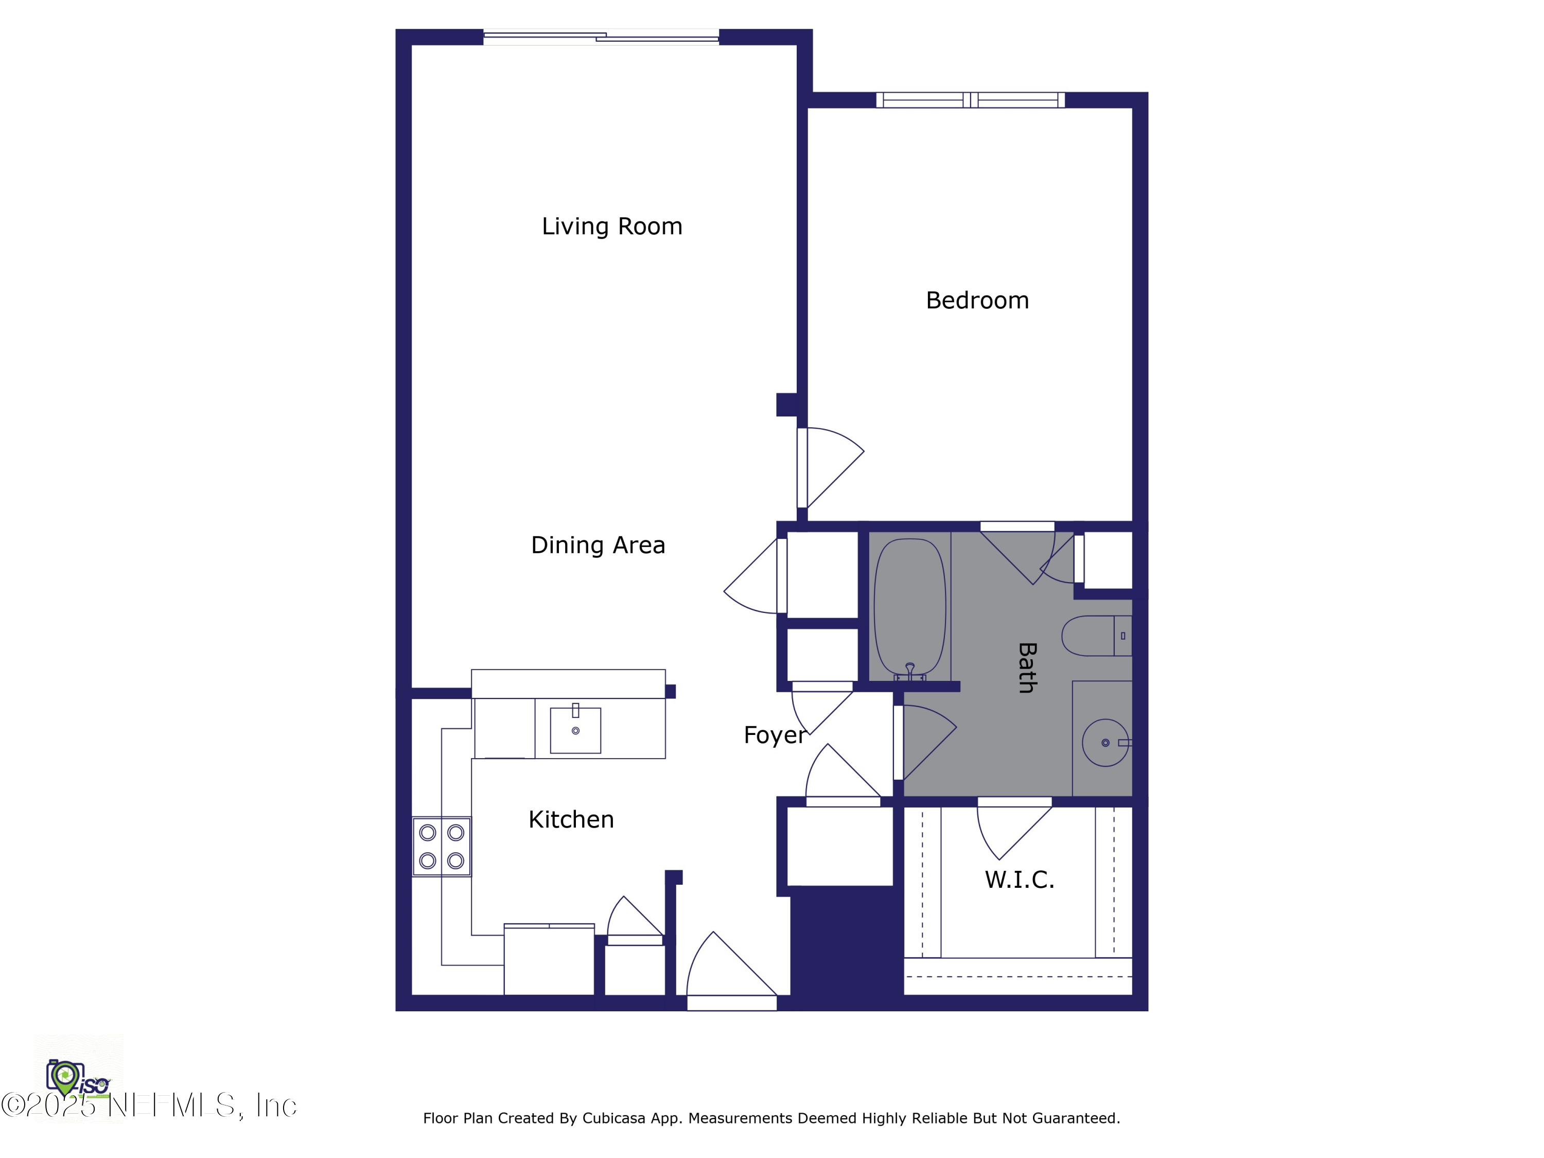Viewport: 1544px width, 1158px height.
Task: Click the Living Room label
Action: tap(611, 226)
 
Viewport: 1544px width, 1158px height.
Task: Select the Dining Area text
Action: tap(598, 545)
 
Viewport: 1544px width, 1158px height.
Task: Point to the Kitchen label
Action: tap(570, 819)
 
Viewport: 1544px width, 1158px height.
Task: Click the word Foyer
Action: tap(774, 735)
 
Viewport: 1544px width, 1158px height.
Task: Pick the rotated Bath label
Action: tap(1026, 668)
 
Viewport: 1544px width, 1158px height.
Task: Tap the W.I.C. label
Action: tap(1019, 880)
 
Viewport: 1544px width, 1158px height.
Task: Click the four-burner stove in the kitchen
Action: tap(441, 847)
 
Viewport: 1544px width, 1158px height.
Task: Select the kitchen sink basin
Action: tap(575, 731)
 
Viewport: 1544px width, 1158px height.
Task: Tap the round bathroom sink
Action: tap(1105, 743)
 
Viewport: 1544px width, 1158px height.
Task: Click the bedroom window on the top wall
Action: tap(970, 100)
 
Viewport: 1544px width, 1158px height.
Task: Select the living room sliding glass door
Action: tap(601, 37)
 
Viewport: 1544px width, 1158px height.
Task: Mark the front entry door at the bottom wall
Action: tap(731, 1003)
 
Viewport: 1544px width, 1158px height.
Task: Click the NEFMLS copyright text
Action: tap(150, 1105)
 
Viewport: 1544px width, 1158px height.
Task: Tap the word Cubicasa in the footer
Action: tap(613, 1118)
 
